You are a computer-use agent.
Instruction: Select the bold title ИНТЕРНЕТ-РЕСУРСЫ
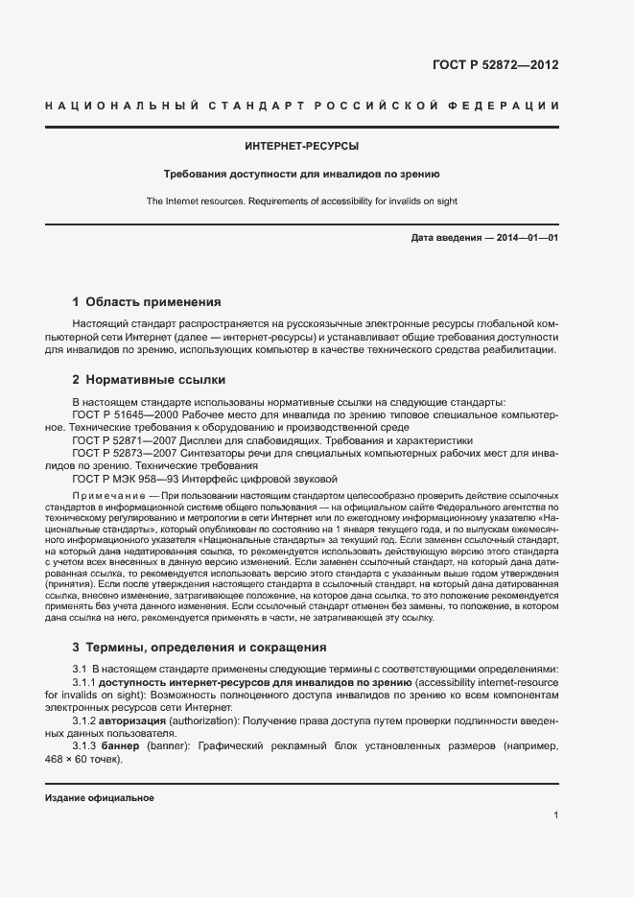coord(302,147)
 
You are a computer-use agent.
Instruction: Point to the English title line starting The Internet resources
coord(302,201)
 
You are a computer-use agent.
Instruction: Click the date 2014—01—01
coord(527,237)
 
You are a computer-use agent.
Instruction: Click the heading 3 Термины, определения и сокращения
coord(200,647)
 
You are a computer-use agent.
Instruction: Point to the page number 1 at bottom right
coord(555,815)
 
